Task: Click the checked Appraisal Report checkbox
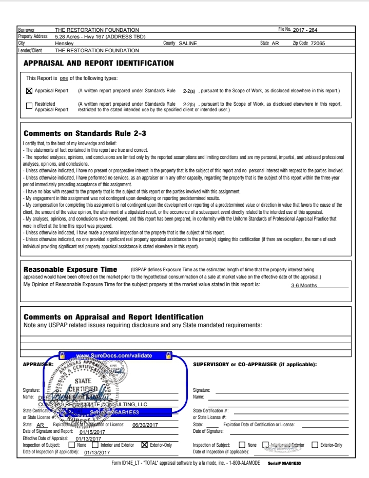29,91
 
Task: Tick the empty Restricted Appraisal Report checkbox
29,106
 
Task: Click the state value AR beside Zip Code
275,44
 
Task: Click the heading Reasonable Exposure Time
70,269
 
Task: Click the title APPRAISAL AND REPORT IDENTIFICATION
99,63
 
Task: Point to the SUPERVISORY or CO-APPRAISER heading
255,365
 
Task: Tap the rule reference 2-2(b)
189,104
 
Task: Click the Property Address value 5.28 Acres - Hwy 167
100,37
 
